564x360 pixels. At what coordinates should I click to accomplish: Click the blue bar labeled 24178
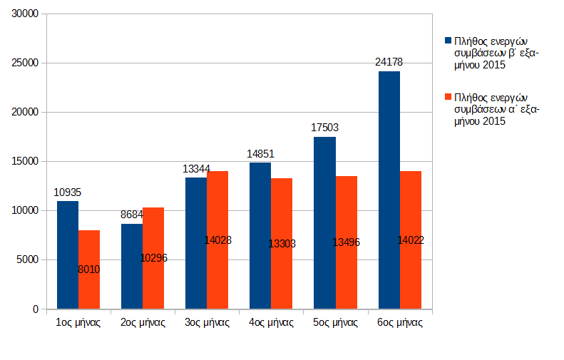click(x=389, y=190)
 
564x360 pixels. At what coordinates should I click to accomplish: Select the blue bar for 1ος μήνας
click(x=68, y=254)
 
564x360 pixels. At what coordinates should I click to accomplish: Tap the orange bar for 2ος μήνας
click(x=153, y=258)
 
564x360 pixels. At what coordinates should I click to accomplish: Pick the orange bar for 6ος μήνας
click(x=411, y=240)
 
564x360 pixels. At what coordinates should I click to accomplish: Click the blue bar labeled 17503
click(x=324, y=222)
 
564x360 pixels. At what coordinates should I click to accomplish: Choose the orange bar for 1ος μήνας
click(x=89, y=269)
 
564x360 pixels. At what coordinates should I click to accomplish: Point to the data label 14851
click(x=260, y=153)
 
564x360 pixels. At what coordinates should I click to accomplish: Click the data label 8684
click(x=133, y=214)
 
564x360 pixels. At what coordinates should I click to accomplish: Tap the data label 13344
click(x=196, y=168)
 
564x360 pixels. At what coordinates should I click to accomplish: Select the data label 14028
click(x=217, y=240)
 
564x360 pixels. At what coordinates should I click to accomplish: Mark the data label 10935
click(x=68, y=192)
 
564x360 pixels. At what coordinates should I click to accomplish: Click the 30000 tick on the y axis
click(x=26, y=14)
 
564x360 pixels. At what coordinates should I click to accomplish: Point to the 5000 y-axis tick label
click(x=28, y=260)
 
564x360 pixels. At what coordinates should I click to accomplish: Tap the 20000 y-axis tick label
click(x=26, y=112)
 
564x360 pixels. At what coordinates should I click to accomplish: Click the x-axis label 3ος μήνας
click(x=207, y=322)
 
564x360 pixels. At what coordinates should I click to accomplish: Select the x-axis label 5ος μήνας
click(x=335, y=322)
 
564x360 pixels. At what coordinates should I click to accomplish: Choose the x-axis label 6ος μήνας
click(x=399, y=322)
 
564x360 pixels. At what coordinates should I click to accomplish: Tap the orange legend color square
click(x=448, y=96)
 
